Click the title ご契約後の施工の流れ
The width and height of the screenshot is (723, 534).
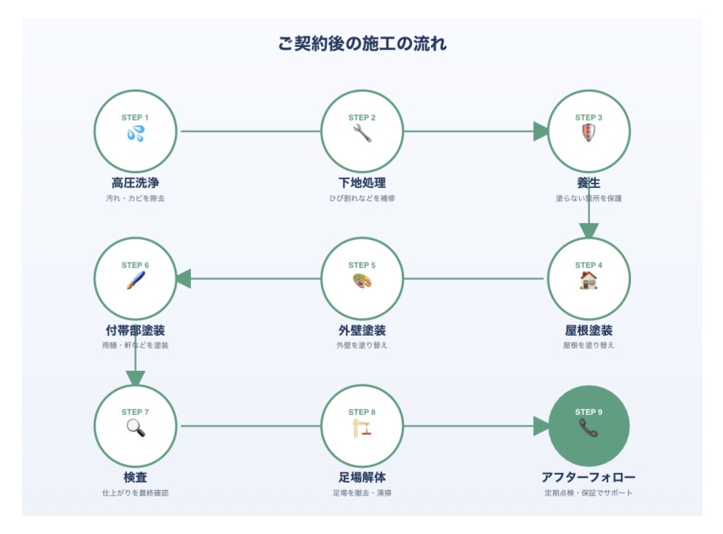[x=362, y=43]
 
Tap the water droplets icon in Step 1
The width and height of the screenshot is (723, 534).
[x=135, y=134]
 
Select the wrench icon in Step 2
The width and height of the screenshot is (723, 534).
[x=362, y=134]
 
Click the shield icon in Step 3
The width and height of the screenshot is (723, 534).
[x=589, y=134]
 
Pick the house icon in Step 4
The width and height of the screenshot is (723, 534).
[x=589, y=281]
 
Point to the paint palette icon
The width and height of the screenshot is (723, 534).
[x=362, y=281]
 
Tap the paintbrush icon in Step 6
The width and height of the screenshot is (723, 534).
[x=135, y=281]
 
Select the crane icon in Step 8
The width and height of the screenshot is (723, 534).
[x=362, y=428]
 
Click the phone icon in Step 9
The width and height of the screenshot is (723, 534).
[x=589, y=428]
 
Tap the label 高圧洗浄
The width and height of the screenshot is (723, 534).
[x=135, y=183]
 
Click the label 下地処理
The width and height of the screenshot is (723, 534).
[x=362, y=183]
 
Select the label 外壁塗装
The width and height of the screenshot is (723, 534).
[x=362, y=331]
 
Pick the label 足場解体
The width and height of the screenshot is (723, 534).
[x=362, y=477]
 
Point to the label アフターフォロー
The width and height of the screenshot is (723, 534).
[x=589, y=477]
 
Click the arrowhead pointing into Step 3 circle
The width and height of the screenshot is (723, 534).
[x=540, y=131]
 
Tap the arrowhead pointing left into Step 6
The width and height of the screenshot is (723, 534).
[x=184, y=279]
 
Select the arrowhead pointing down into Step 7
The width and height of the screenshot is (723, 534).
[x=135, y=378]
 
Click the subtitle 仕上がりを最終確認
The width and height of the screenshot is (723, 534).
[x=135, y=493]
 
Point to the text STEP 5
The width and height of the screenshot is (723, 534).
[x=362, y=265]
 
